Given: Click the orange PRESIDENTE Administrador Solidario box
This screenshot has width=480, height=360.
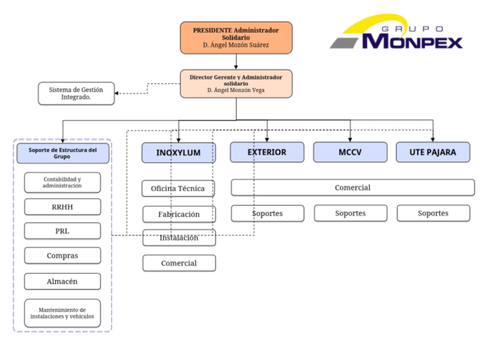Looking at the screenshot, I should pyautogui.click(x=236, y=38).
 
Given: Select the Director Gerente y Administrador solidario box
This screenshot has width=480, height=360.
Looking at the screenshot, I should pyautogui.click(x=236, y=84).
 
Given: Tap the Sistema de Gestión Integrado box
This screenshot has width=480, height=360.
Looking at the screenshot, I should pyautogui.click(x=76, y=93).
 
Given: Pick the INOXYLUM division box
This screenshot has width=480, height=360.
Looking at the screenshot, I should pyautogui.click(x=178, y=152).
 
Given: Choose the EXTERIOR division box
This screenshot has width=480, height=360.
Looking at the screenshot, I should pyautogui.click(x=267, y=152).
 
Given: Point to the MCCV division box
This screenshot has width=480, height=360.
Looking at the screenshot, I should pyautogui.click(x=350, y=152).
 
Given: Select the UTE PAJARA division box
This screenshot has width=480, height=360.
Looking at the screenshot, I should pyautogui.click(x=433, y=152).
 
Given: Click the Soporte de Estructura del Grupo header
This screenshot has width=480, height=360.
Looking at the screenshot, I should pyautogui.click(x=62, y=153).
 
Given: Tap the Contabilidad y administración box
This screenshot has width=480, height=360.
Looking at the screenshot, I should pyautogui.click(x=62, y=182).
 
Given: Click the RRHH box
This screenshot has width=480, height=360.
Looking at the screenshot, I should pyautogui.click(x=62, y=207).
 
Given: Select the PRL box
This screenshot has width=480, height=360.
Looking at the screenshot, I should pyautogui.click(x=62, y=231).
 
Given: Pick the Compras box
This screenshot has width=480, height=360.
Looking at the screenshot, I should pyautogui.click(x=62, y=256).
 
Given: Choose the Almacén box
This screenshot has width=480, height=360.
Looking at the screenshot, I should pyautogui.click(x=62, y=281).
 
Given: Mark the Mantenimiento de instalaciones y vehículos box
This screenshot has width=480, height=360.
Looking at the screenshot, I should pyautogui.click(x=62, y=312).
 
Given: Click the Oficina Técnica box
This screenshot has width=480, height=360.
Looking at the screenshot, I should pyautogui.click(x=178, y=189).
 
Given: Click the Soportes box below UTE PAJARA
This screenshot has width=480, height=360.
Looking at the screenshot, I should pyautogui.click(x=433, y=214).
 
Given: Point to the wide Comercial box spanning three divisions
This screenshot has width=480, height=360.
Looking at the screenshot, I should pyautogui.click(x=353, y=187).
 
